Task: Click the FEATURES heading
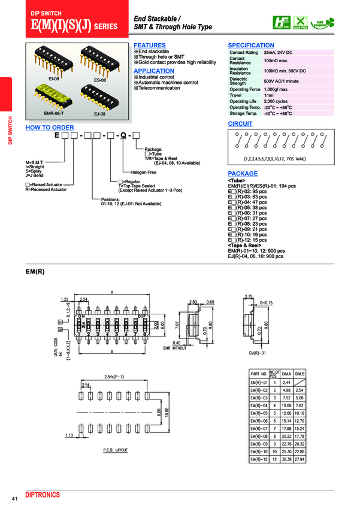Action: [x=150, y=46]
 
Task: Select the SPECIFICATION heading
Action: [x=251, y=46]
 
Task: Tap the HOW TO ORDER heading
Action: [x=50, y=128]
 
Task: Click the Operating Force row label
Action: [x=244, y=89]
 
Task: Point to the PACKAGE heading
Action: [x=243, y=174]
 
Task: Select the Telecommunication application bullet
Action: [x=159, y=88]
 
